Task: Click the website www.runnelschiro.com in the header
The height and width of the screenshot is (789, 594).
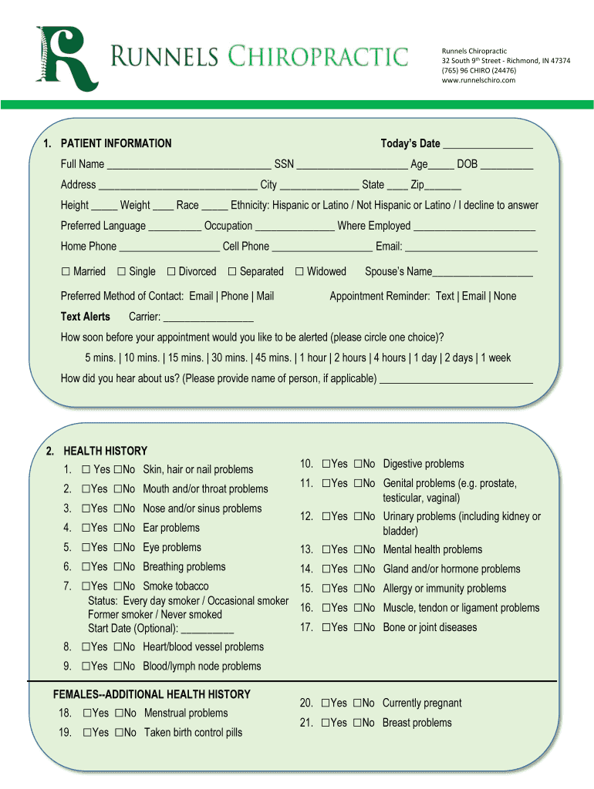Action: (x=478, y=80)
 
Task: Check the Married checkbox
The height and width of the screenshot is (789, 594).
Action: (x=66, y=272)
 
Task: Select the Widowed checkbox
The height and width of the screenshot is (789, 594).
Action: (x=299, y=272)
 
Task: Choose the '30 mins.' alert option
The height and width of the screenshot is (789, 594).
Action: (x=229, y=358)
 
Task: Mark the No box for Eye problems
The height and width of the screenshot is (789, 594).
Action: (x=118, y=548)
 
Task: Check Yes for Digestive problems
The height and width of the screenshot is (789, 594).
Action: (x=326, y=464)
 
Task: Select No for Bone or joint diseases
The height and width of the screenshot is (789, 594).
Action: (x=358, y=628)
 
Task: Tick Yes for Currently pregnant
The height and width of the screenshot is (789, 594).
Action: (x=326, y=703)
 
